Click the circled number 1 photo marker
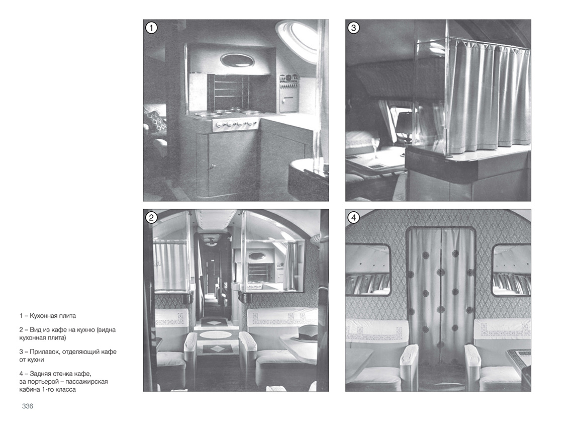pos(151,28)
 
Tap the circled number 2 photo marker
pos(151,218)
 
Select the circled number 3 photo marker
pos(353,28)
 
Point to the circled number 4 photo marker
pos(353,218)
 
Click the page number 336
pos(28,406)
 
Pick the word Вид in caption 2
pos(35,330)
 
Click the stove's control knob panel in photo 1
pos(236,125)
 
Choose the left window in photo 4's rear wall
pos(368,270)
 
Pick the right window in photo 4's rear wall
pos(511,270)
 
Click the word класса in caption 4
pos(66,389)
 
